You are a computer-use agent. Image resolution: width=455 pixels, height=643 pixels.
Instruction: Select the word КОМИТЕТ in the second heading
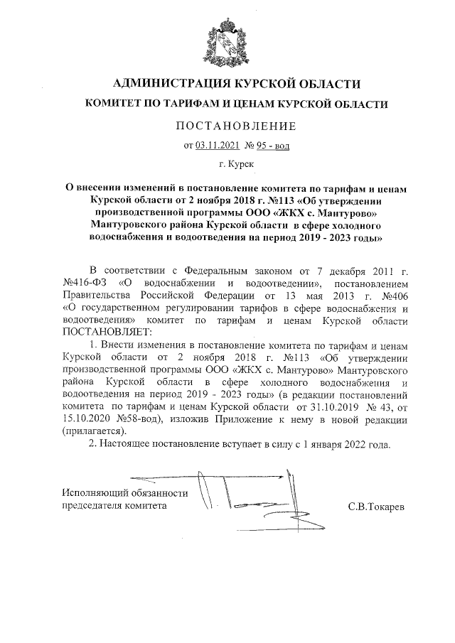click(x=116, y=104)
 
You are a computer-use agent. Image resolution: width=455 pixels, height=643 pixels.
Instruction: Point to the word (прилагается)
click(x=94, y=431)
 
